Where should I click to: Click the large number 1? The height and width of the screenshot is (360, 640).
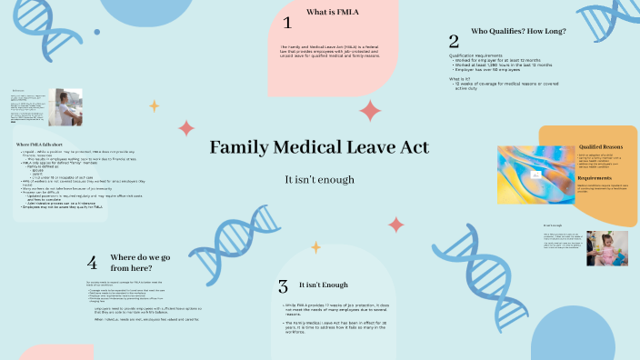click(287, 23)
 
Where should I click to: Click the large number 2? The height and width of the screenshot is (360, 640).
click(454, 41)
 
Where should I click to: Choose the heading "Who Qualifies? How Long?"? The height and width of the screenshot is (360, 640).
click(518, 31)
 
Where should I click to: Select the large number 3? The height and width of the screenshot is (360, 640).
click(283, 286)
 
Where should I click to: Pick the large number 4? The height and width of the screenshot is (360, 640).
click(92, 263)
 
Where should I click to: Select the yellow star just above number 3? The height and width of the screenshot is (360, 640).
click(315, 246)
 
